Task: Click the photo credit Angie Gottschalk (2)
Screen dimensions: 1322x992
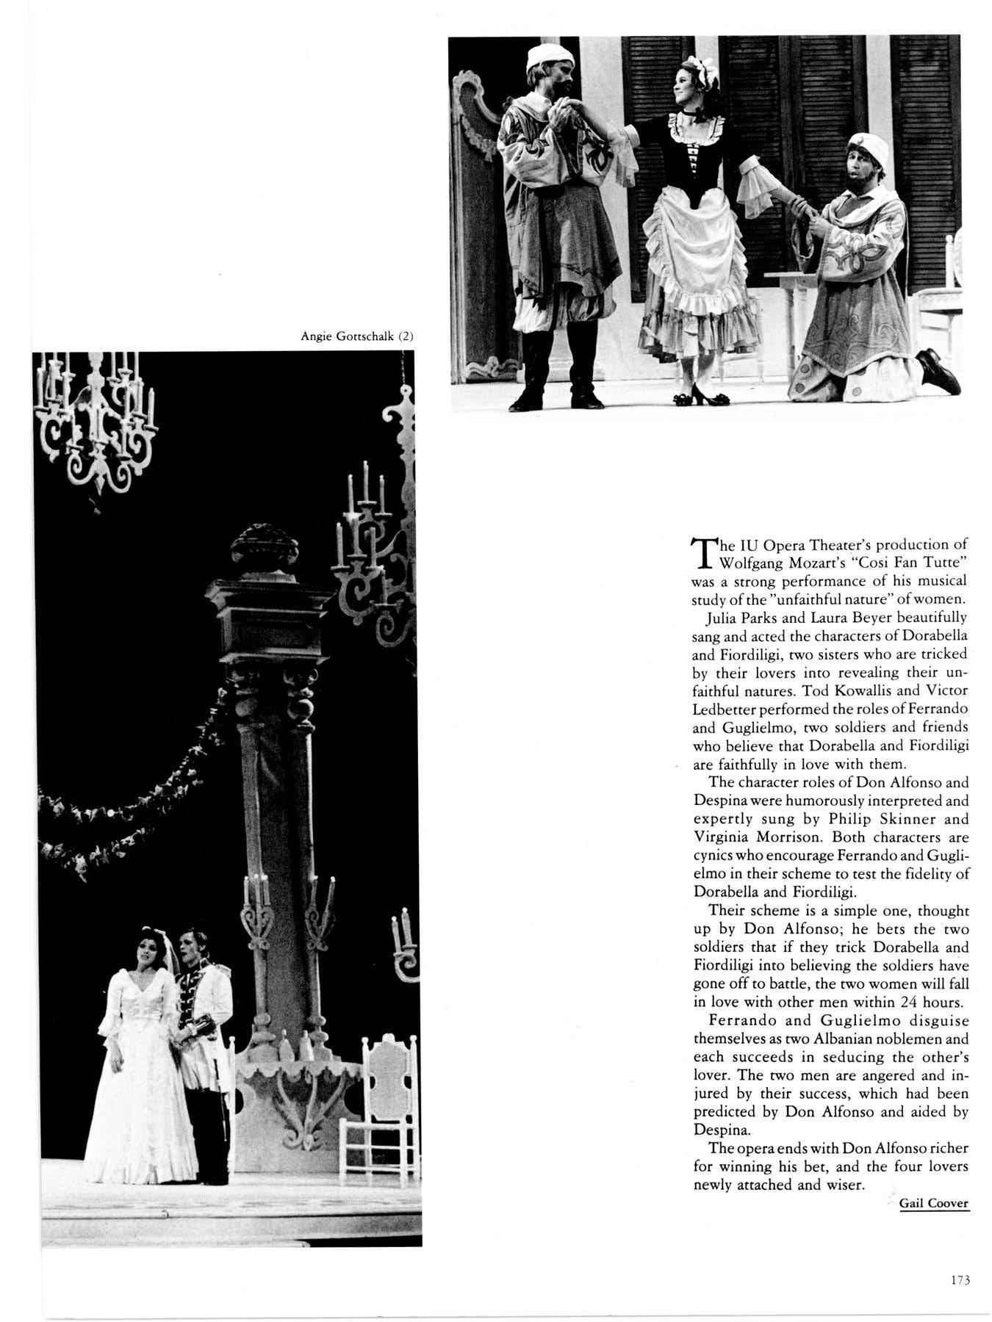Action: tap(359, 337)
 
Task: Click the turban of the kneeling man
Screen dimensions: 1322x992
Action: tap(870, 149)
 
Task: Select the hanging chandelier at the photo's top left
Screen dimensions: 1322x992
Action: tap(95, 419)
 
